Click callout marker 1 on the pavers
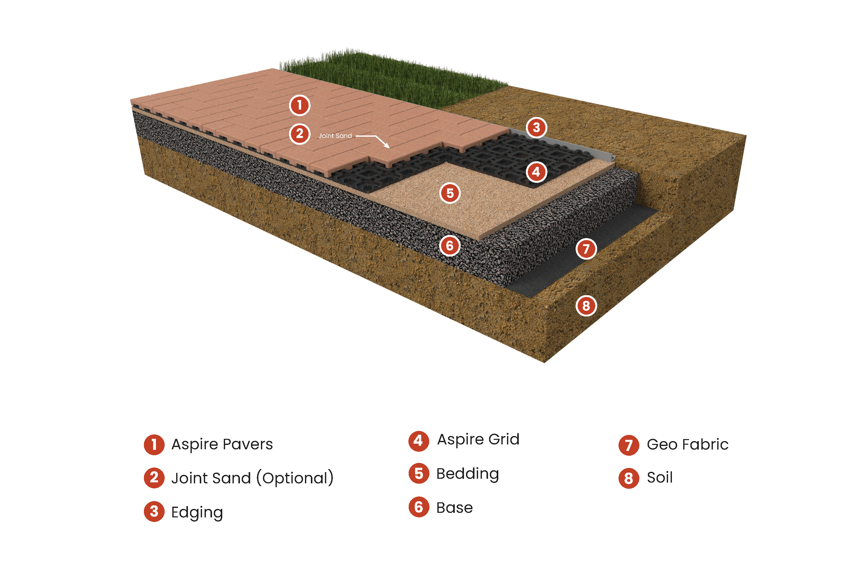pos(299,105)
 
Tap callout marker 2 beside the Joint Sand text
pos(299,134)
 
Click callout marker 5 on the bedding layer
pos(450,193)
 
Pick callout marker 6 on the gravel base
pos(450,246)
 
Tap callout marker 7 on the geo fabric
pos(586,249)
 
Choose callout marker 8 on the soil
pos(586,306)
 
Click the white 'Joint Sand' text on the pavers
pos(335,136)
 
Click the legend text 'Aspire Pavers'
pos(222,444)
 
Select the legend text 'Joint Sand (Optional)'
pos(252,478)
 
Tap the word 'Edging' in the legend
pos(197,512)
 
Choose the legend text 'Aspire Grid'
pos(478,439)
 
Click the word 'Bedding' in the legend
pos(467,474)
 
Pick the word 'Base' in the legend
pos(454,507)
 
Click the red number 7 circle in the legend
pos(628,445)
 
